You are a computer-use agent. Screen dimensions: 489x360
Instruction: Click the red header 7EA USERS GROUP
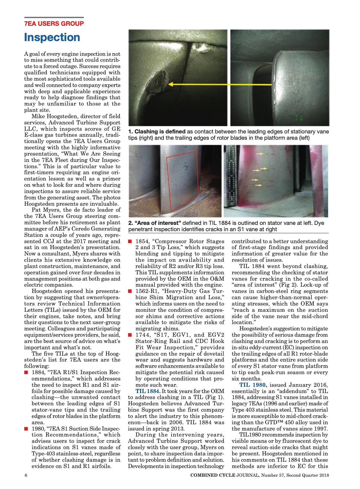point(54,24)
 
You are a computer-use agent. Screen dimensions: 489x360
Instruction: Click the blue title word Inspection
point(52,37)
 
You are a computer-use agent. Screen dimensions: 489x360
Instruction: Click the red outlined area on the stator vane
point(182,180)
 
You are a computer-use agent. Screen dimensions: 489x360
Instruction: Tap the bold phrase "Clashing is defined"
point(160,132)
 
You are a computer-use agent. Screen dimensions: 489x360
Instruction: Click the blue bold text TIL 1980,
point(253,385)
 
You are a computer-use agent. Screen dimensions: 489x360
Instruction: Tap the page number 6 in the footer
point(26,475)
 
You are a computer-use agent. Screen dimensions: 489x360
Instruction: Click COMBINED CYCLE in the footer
point(213,475)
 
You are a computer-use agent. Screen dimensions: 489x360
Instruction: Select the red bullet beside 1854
point(130,241)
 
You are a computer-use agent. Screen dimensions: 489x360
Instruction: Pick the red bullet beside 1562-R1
point(130,291)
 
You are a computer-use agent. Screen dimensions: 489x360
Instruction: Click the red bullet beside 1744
point(130,335)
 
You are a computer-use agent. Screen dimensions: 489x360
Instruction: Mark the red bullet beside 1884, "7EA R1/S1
point(26,372)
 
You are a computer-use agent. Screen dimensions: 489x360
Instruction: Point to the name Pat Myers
point(44,210)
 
